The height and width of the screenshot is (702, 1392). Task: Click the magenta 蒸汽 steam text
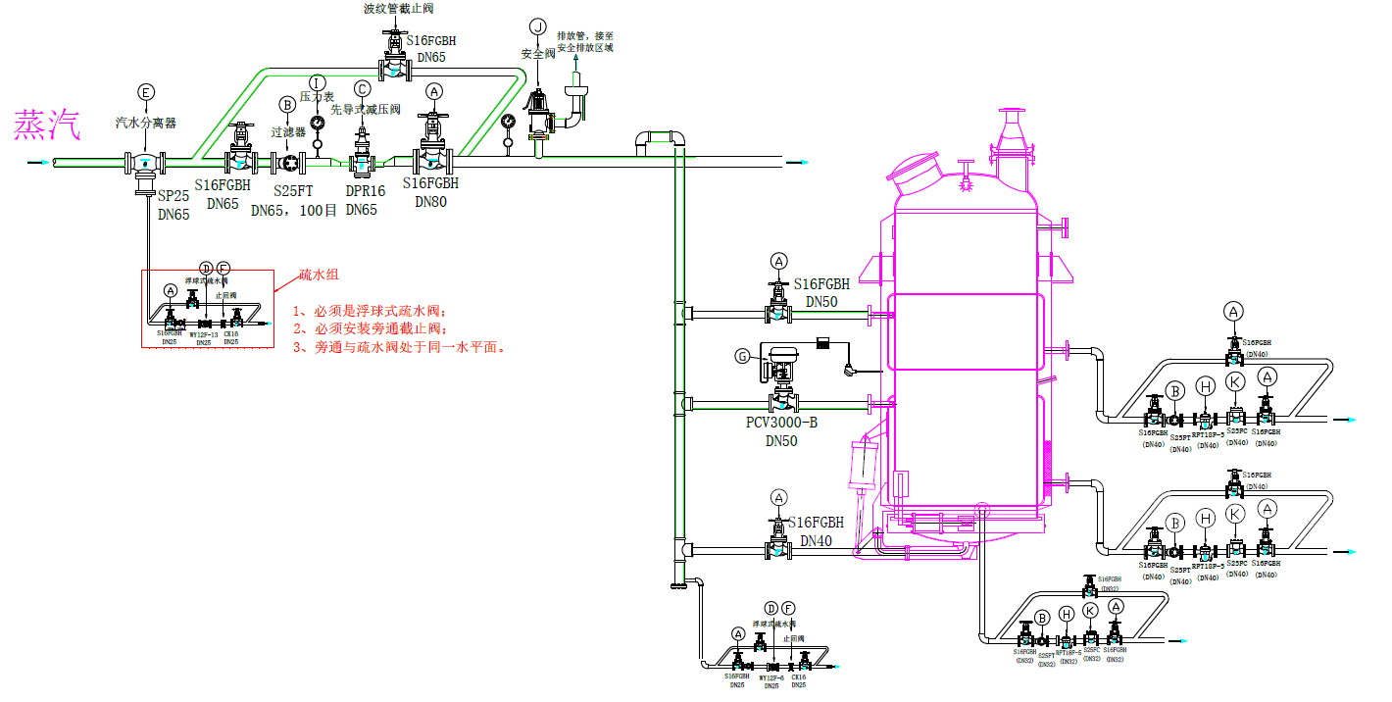tap(46, 125)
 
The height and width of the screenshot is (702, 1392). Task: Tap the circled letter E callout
tap(146, 92)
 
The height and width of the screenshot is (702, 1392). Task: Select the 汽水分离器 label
tap(145, 124)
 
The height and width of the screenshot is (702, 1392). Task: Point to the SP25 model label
tap(174, 196)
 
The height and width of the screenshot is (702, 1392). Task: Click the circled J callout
tap(537, 25)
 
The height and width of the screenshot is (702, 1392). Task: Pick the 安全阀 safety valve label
tap(538, 55)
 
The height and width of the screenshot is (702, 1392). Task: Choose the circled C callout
tap(363, 88)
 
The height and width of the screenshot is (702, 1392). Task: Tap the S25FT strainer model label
tap(292, 191)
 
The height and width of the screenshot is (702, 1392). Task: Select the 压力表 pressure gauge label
tap(317, 97)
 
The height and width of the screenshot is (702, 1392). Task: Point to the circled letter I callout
tap(317, 81)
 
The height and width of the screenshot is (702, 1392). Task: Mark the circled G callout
tap(741, 356)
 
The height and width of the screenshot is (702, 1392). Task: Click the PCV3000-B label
tap(781, 423)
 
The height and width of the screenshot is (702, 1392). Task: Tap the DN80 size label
tap(430, 202)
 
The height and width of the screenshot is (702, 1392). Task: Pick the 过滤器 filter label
tap(288, 130)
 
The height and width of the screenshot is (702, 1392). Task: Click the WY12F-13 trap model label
tap(203, 334)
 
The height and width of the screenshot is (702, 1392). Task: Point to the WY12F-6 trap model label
tap(771, 677)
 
